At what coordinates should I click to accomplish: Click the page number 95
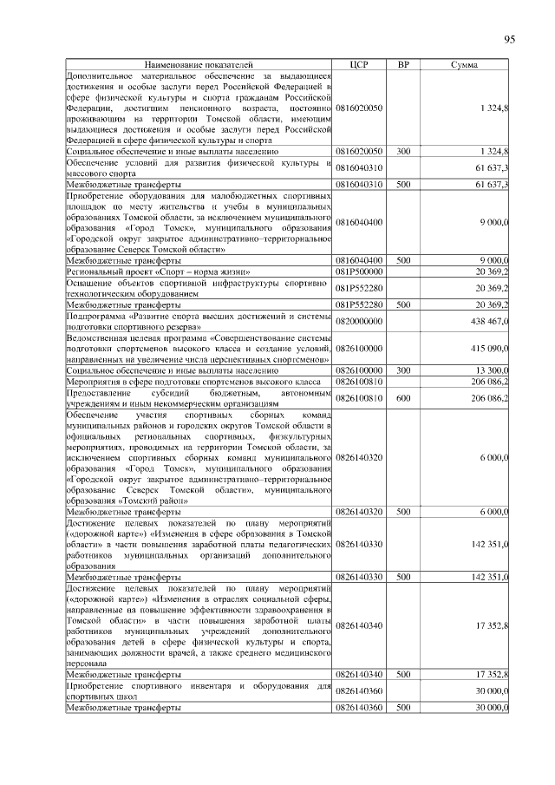coord(509,39)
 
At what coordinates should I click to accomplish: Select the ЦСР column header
coord(359,65)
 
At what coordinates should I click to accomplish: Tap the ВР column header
coord(403,65)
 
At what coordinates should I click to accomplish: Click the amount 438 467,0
coord(487,320)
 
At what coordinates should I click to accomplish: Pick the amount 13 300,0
coord(491,370)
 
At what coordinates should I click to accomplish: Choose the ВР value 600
coord(403,397)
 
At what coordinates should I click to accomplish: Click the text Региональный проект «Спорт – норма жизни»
coord(147,271)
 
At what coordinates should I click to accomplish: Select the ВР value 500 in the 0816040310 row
coord(403,184)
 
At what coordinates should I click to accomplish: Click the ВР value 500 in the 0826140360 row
coord(403,707)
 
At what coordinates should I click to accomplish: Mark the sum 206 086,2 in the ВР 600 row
coord(487,397)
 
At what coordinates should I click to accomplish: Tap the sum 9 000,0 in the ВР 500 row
coord(491,259)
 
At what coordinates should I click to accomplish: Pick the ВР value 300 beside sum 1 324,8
coord(403,151)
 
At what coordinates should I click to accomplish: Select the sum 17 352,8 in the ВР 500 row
coord(489,673)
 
